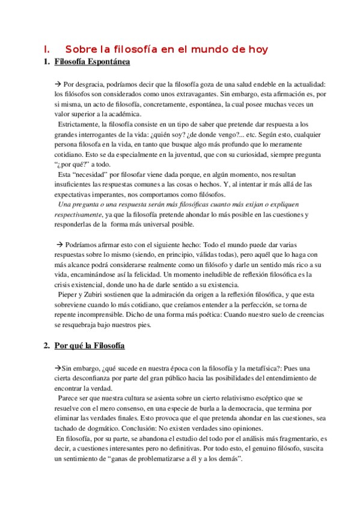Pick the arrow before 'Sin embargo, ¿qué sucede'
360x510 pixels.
(58, 368)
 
